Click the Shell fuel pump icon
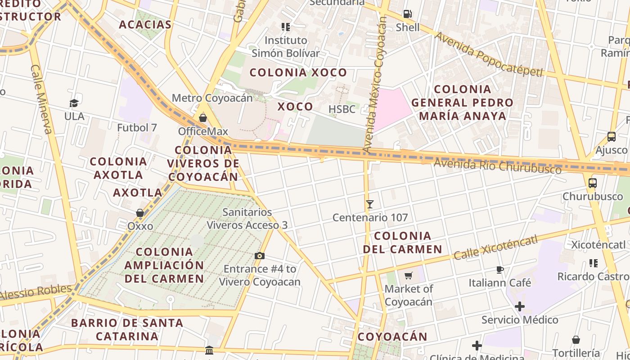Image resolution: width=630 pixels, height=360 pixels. (x=407, y=14)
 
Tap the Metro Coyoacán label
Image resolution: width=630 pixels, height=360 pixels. (x=212, y=98)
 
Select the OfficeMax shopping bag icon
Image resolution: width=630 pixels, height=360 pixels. (x=203, y=118)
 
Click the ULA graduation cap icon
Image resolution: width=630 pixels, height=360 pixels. (x=74, y=103)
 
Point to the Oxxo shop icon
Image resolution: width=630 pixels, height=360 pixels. (x=140, y=213)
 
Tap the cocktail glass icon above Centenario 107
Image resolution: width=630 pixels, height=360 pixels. (x=370, y=204)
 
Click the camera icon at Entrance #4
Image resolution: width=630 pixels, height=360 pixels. (x=260, y=256)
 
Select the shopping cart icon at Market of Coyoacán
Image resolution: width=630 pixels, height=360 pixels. (x=409, y=275)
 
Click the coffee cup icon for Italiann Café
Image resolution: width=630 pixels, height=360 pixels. (x=499, y=270)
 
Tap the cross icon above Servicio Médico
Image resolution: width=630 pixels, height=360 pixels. (x=520, y=306)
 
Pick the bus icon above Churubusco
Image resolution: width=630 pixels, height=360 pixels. (x=593, y=183)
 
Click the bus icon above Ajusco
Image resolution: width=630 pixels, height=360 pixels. (x=612, y=137)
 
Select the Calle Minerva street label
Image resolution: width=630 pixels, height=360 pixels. (x=42, y=99)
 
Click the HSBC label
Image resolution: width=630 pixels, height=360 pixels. (x=342, y=109)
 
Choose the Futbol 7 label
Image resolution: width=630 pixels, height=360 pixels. (x=137, y=128)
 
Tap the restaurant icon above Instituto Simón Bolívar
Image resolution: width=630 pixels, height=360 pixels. (x=285, y=27)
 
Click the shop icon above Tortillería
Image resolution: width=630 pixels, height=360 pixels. (x=576, y=339)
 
